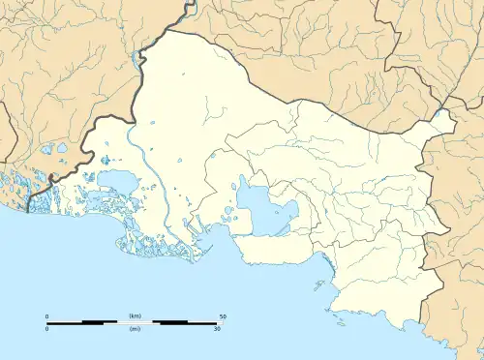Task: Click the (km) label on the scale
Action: click(x=135, y=316)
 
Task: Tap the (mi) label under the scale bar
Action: click(x=135, y=329)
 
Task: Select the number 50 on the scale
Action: click(x=223, y=316)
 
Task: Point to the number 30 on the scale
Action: click(x=218, y=329)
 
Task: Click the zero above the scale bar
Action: click(x=48, y=316)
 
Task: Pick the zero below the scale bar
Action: click(x=48, y=329)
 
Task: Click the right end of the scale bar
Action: click(x=223, y=322)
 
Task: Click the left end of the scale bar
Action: click(x=48, y=322)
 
